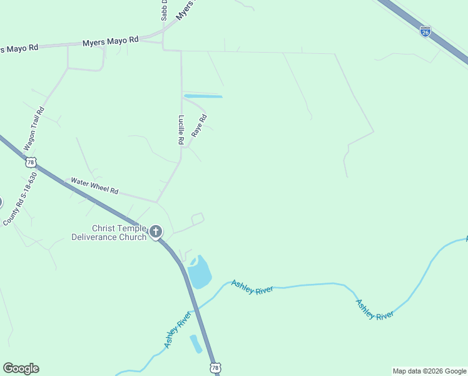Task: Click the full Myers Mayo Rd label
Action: pos(111,41)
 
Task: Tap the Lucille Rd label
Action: pos(181,130)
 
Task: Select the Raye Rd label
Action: pos(198,125)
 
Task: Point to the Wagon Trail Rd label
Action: pos(34,128)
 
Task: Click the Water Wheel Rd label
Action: pos(94,185)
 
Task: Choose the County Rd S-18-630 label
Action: pos(20,199)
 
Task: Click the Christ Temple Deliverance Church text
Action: pos(109,232)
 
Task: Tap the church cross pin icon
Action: pos(155,232)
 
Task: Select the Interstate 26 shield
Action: pos(425,31)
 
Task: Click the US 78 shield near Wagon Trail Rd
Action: pos(31,162)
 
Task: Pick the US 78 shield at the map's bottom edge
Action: pos(215,368)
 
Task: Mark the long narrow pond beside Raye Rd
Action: pos(203,96)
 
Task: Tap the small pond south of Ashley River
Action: pos(196,343)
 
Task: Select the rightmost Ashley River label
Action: pos(374,309)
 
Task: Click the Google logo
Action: pos(21,368)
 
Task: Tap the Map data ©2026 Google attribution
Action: pos(429,371)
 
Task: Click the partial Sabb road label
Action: pos(165,11)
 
